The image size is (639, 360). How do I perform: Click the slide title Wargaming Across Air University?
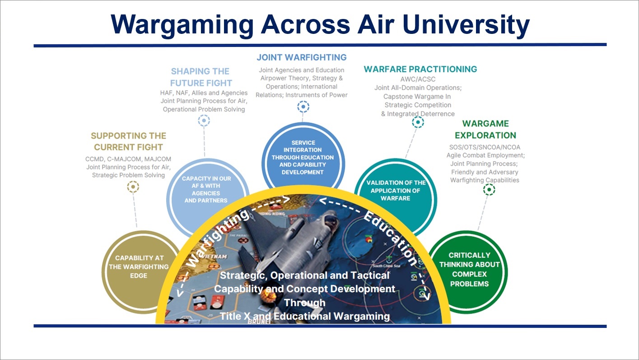pyautogui.click(x=320, y=24)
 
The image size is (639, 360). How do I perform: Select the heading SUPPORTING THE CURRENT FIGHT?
pyautogui.click(x=128, y=141)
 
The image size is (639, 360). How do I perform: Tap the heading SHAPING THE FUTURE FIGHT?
pyautogui.click(x=201, y=77)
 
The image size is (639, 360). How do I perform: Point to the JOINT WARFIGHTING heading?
pyautogui.click(x=302, y=57)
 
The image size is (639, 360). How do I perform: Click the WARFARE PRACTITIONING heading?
pyautogui.click(x=420, y=69)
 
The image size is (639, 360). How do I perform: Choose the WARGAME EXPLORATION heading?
pyautogui.click(x=485, y=130)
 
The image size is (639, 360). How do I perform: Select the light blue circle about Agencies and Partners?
pyautogui.click(x=206, y=190)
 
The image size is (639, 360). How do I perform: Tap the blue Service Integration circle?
pyautogui.click(x=303, y=157)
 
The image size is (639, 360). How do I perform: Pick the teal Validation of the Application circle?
pyautogui.click(x=396, y=190)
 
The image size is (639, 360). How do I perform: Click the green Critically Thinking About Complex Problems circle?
pyautogui.click(x=469, y=270)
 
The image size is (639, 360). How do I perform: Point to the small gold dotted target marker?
pyautogui.click(x=133, y=187)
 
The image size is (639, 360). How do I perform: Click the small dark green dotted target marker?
pyautogui.click(x=489, y=190)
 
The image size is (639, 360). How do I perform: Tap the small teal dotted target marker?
pyautogui.click(x=418, y=122)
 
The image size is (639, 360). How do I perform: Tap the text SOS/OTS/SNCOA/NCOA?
pyautogui.click(x=485, y=147)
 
